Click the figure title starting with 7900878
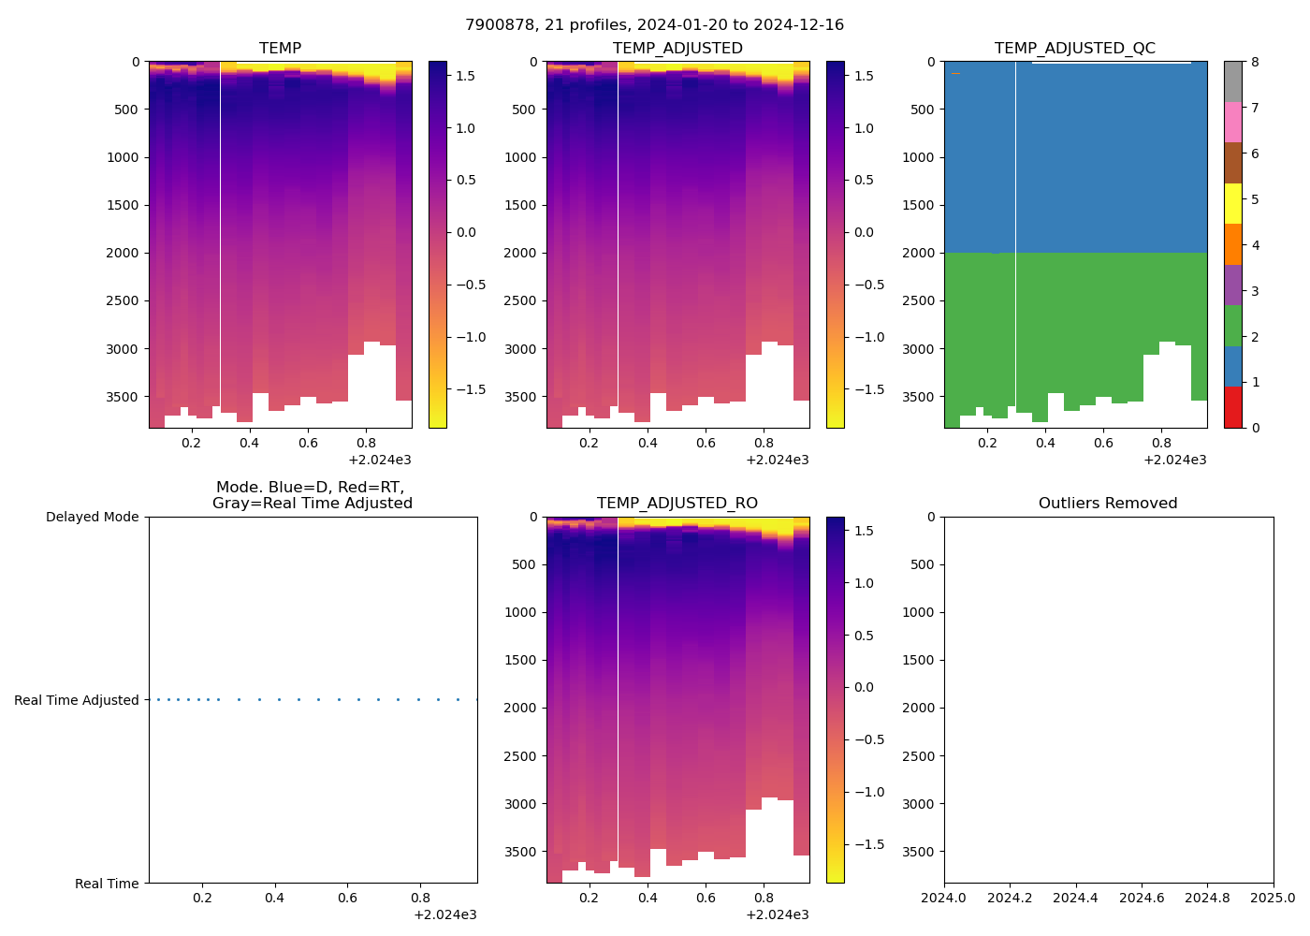[x=654, y=24]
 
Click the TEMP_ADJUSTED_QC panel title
[x=1074, y=48]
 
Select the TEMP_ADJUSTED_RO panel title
[x=677, y=503]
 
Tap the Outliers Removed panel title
[x=1108, y=503]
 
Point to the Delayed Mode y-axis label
[x=92, y=517]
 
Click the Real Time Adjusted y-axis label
[x=77, y=700]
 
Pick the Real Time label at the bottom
[x=107, y=884]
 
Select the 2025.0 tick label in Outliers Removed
[x=1274, y=899]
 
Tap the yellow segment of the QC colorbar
[x=1233, y=203]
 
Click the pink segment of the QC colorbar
[x=1233, y=122]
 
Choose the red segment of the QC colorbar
[x=1233, y=407]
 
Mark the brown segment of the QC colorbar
[x=1233, y=163]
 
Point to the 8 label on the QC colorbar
[x=1255, y=62]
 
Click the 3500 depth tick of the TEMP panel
[x=124, y=397]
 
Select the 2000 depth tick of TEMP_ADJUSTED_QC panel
[x=919, y=253]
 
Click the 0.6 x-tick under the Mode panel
[x=347, y=899]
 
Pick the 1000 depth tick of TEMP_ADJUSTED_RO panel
[x=521, y=612]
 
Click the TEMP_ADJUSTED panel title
[x=677, y=48]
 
